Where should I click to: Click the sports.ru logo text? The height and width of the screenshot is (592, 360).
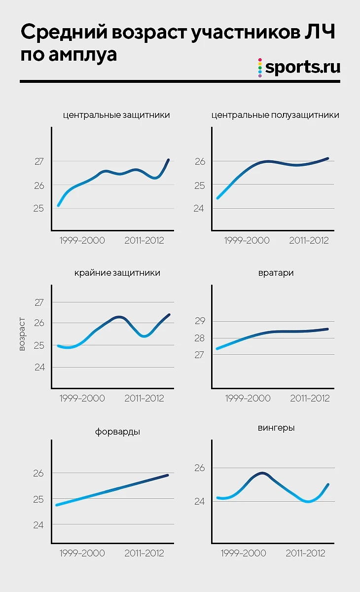coord(303,68)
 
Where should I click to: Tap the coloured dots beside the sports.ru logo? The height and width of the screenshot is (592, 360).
coord(260,68)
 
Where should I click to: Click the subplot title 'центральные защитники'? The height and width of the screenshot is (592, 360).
coord(116,115)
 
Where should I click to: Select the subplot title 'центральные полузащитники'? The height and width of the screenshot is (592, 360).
coord(275,115)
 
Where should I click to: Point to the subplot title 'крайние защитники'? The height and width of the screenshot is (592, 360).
coord(117,273)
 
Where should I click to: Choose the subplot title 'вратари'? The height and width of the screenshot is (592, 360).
coord(276,273)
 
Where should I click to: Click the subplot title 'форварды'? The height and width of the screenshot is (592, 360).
coord(117,432)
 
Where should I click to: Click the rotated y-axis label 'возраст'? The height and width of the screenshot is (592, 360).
coord(22,334)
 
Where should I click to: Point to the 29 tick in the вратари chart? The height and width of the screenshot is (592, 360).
coord(199,321)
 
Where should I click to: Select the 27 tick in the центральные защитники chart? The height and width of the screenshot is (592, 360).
coord(39,161)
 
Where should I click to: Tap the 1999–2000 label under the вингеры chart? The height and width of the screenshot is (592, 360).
coord(243,553)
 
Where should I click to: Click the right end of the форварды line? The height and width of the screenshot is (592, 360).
coord(168,475)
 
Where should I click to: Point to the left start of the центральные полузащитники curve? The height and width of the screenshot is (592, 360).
coord(217,198)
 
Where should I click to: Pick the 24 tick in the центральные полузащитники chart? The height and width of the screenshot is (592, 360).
coord(199,209)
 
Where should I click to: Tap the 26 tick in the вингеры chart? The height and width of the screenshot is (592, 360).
coord(199,468)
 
